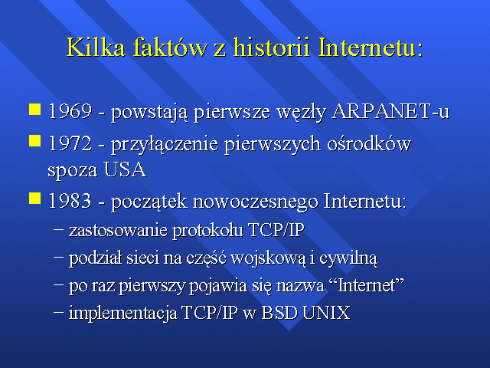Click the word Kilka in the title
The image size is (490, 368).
tap(96, 48)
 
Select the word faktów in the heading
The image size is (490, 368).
tap(170, 48)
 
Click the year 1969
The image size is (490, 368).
tap(70, 110)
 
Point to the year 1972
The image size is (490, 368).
tap(70, 143)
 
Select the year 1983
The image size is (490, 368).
tap(70, 201)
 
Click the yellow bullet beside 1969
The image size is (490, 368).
tap(34, 109)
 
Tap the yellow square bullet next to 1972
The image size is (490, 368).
tap(34, 140)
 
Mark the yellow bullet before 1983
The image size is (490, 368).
tap(34, 198)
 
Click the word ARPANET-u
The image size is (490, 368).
tap(390, 110)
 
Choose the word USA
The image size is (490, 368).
tap(125, 170)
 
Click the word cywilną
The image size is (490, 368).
tap(348, 259)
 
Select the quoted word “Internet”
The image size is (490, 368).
tap(367, 285)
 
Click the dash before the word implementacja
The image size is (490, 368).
tap(58, 312)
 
